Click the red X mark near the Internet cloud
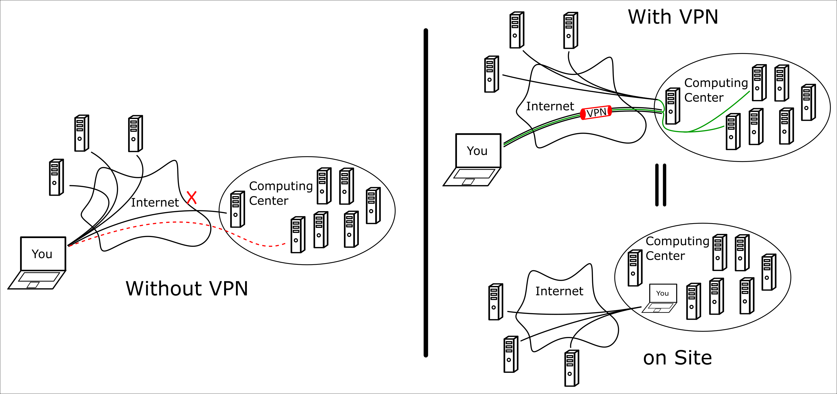(x=192, y=198)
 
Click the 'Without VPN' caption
(x=187, y=288)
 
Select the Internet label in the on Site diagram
(x=559, y=291)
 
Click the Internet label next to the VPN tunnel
(x=550, y=106)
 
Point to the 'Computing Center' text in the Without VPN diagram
(x=281, y=193)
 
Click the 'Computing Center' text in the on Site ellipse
(x=677, y=248)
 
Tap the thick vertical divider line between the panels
(x=426, y=193)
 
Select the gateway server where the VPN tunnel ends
(x=672, y=106)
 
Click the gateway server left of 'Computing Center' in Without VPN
(x=237, y=209)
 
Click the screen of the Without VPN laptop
(x=43, y=254)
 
